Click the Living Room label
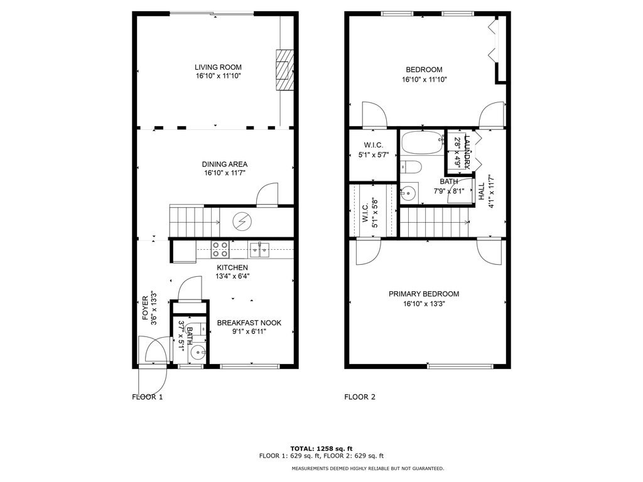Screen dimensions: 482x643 [218, 67]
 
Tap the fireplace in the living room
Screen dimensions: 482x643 [284, 69]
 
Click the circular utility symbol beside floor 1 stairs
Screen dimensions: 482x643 [241, 221]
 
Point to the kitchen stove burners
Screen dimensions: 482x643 [220, 249]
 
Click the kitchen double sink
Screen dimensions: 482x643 [259, 250]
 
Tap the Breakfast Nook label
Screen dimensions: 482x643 [249, 323]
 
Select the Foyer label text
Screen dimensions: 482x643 [145, 309]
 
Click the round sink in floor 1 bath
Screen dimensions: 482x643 [197, 352]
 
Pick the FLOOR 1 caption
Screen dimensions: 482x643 [147, 397]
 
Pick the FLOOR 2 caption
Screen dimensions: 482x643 [360, 397]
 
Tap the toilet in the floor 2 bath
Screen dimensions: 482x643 [411, 167]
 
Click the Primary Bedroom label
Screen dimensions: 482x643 [423, 294]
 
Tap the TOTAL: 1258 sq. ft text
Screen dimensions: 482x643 [321, 448]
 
